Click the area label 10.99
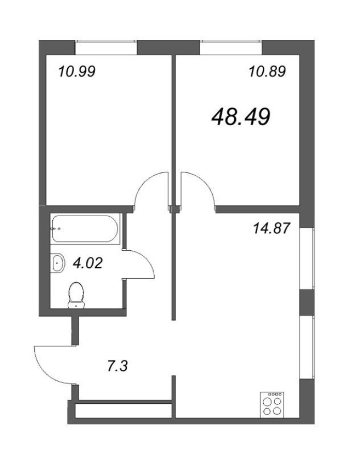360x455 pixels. click(x=77, y=72)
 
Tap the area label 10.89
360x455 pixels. click(x=267, y=72)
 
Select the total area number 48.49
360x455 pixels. click(x=241, y=118)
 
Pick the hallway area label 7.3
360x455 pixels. click(x=117, y=368)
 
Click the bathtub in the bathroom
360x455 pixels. click(x=86, y=228)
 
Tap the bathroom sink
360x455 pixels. click(x=58, y=263)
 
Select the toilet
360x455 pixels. click(x=76, y=295)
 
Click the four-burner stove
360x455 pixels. click(x=273, y=404)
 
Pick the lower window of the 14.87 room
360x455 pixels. click(x=309, y=346)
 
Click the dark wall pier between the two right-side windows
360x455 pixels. click(x=308, y=302)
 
